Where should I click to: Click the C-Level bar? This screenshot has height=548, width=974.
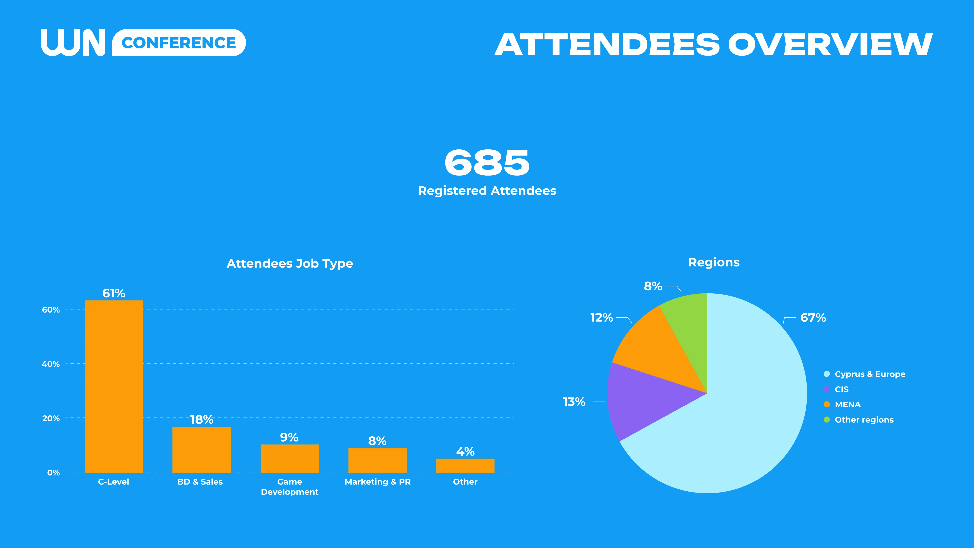coord(114,386)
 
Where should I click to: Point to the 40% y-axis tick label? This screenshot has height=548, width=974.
coord(51,364)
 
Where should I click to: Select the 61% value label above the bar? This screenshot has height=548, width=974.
coord(113,293)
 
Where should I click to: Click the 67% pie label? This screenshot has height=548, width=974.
coord(813,318)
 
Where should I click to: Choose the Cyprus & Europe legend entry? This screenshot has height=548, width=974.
coord(870,374)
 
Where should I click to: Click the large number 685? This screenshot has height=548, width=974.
coord(487,163)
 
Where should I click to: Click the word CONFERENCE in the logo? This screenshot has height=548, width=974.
coord(179,43)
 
